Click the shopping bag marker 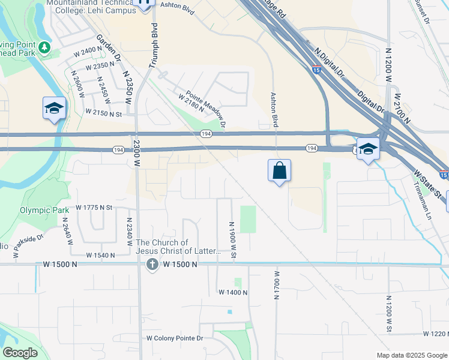click(279, 170)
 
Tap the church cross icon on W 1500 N click(152, 264)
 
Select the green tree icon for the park click(44, 47)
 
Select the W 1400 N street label click(233, 292)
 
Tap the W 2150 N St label click(103, 112)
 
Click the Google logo click(20, 353)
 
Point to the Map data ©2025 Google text click(412, 355)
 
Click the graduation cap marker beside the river click(53, 109)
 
